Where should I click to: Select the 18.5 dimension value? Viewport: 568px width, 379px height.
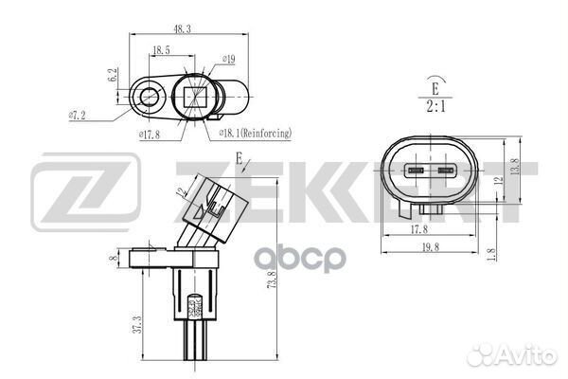tap(161, 48)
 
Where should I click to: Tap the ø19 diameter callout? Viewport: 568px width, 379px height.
tap(227, 60)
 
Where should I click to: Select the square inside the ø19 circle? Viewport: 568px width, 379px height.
tap(197, 97)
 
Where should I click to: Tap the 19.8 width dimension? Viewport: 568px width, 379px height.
tap(433, 249)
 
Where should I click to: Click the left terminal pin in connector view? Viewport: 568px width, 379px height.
tap(416, 172)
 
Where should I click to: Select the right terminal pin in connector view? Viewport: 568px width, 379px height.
tap(444, 172)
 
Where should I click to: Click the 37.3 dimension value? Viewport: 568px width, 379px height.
tap(137, 326)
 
